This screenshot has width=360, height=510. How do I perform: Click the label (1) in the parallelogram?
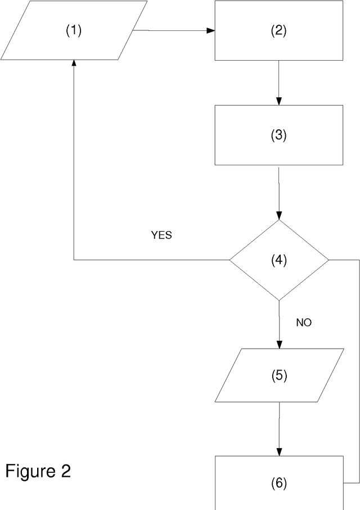point(74,31)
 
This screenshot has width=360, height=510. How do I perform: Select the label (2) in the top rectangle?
point(279,31)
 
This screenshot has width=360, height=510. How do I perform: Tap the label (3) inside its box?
point(279,136)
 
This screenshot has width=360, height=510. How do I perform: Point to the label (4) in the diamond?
point(279,260)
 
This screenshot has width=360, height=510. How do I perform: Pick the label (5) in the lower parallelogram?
point(279,376)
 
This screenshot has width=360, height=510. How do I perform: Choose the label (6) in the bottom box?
point(279,483)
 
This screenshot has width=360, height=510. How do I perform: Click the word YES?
point(161,236)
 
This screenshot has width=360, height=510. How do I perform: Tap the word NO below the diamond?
point(304,323)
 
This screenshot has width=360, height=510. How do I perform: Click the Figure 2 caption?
point(38,471)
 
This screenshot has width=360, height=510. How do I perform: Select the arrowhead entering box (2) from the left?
point(211,30)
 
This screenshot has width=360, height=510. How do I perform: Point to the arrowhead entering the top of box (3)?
point(279,101)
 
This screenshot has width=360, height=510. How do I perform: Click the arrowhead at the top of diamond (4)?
point(279,216)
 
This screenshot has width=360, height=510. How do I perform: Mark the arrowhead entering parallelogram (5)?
point(279,345)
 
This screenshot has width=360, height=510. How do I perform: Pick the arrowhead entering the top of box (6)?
point(279,452)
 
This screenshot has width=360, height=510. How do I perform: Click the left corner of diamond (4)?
point(229,260)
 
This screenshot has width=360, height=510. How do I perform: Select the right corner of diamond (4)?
point(328,260)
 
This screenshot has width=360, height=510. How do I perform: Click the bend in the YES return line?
point(74,260)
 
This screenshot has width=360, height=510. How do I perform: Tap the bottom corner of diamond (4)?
point(279,300)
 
